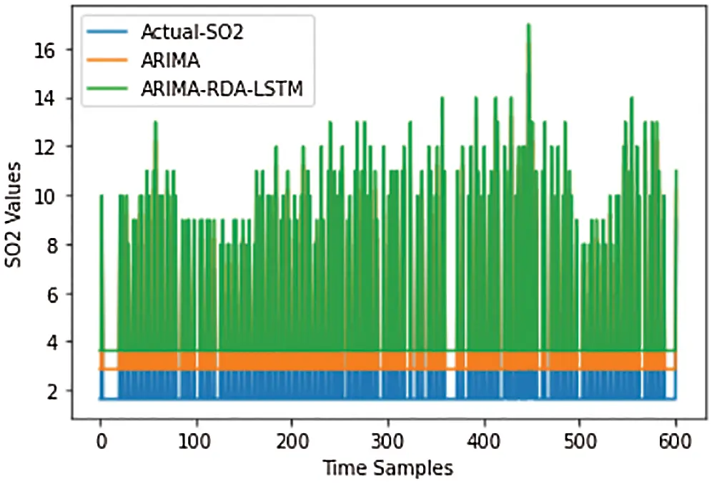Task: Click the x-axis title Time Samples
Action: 387,468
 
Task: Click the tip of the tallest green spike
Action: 528,24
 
